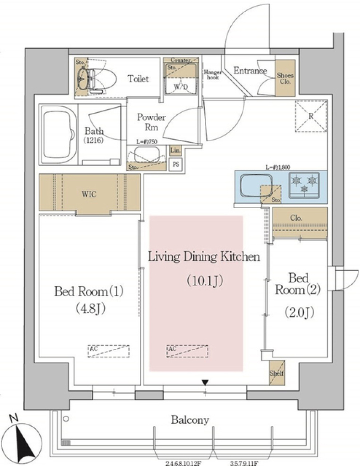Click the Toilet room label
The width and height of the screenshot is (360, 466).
coord(138,79)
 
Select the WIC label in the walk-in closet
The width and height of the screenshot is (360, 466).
coord(89,194)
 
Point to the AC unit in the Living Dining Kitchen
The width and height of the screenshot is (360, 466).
coord(187,351)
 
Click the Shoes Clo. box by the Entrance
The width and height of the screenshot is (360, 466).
coord(285,78)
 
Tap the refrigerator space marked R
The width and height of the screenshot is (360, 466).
coord(311,116)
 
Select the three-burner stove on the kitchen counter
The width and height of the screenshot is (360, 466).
coord(304,185)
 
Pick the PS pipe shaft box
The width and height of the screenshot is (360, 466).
coord(175,164)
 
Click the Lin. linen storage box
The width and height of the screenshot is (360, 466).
coord(175,151)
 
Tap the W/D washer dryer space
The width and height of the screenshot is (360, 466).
coord(181,86)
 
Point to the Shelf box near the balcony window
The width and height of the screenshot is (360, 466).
coord(277,373)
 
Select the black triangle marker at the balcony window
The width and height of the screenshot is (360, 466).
coord(205,382)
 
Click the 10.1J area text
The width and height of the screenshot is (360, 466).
coord(205,281)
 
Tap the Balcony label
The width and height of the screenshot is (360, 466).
coord(190,420)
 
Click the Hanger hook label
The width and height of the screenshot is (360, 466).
coord(213,75)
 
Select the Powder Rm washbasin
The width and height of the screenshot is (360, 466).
coord(147,154)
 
